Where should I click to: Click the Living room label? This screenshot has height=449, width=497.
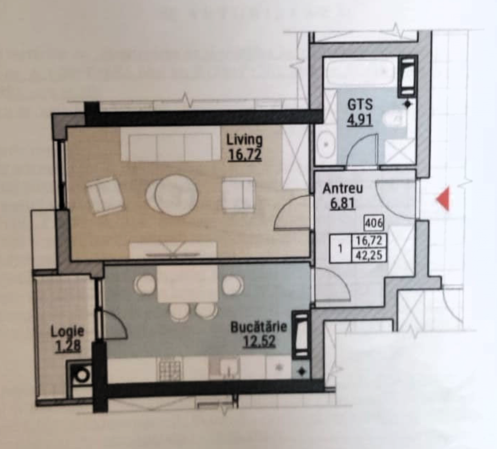point(245,139)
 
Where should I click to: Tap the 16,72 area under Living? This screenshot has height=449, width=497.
point(245,155)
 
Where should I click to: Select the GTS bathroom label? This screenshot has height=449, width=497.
point(360,105)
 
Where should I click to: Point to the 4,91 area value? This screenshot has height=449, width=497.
point(360,121)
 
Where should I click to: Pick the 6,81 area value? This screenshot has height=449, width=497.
point(342,204)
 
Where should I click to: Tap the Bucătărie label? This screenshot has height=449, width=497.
point(259,327)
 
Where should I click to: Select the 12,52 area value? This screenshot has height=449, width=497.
point(259,341)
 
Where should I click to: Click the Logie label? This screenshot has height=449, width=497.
point(67,332)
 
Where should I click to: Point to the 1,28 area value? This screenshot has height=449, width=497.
point(68,346)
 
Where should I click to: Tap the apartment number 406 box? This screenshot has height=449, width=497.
point(374,223)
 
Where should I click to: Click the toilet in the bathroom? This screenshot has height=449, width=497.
point(394,121)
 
